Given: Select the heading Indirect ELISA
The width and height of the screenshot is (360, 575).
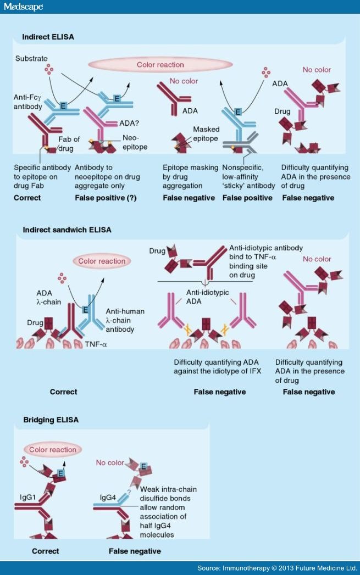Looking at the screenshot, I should tap(48, 37).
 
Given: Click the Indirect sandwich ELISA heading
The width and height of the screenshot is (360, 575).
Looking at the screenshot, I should tap(67, 229).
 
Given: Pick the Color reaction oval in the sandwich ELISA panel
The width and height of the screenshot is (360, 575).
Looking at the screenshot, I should tap(102, 261).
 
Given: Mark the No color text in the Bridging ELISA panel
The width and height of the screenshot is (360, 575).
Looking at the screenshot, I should tap(109, 463).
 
